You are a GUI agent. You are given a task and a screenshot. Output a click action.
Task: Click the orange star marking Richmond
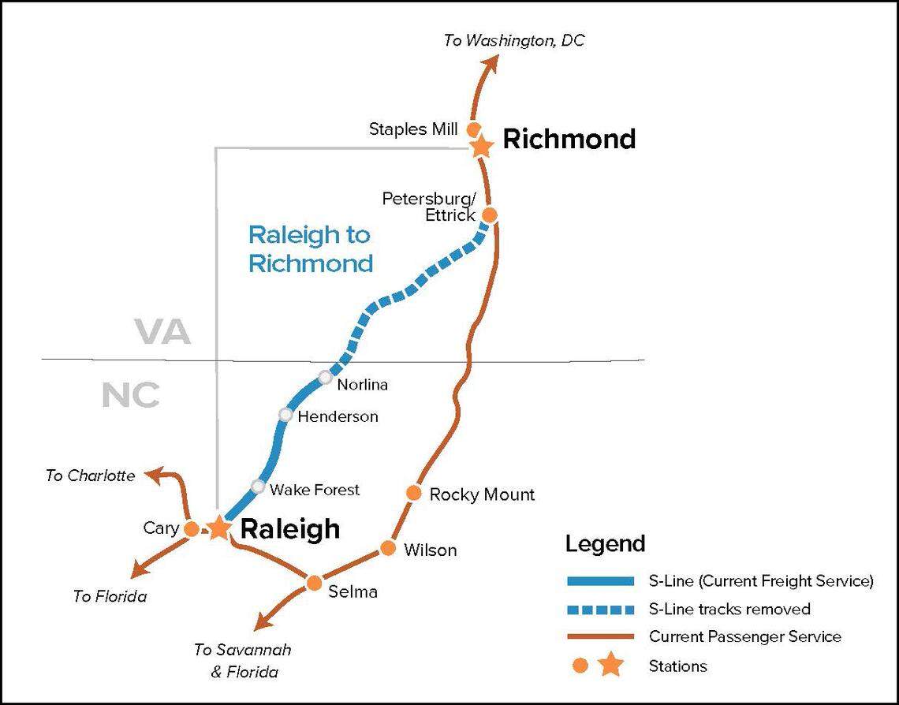click(481, 145)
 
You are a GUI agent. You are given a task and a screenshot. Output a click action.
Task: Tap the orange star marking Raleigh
click(218, 528)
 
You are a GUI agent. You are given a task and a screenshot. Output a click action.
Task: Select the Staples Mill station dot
click(474, 128)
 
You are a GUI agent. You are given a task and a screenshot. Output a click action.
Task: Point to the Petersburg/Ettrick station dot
click(490, 214)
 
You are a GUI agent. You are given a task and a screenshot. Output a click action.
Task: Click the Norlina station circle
click(325, 378)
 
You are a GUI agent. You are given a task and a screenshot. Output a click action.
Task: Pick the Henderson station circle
click(285, 415)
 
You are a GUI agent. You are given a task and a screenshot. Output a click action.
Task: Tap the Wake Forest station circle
click(258, 487)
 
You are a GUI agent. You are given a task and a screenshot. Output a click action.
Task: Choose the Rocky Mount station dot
click(414, 493)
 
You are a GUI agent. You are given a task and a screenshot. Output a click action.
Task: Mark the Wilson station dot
click(388, 548)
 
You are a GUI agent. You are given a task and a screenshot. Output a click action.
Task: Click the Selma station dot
click(314, 583)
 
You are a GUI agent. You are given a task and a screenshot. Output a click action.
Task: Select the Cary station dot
click(191, 529)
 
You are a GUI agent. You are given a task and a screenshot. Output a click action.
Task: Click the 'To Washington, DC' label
click(514, 40)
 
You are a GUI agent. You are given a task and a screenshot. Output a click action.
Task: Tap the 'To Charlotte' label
click(90, 476)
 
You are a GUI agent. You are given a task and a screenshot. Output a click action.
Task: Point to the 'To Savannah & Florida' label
click(243, 661)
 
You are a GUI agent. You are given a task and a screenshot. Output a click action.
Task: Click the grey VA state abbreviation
click(162, 332)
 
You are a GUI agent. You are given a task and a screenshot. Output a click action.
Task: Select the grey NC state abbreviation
click(131, 395)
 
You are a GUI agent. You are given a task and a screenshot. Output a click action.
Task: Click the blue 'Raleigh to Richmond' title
click(310, 248)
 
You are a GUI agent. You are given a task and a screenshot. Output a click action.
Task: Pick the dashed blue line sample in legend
click(600, 610)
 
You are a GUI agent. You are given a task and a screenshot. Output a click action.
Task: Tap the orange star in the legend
click(610, 666)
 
